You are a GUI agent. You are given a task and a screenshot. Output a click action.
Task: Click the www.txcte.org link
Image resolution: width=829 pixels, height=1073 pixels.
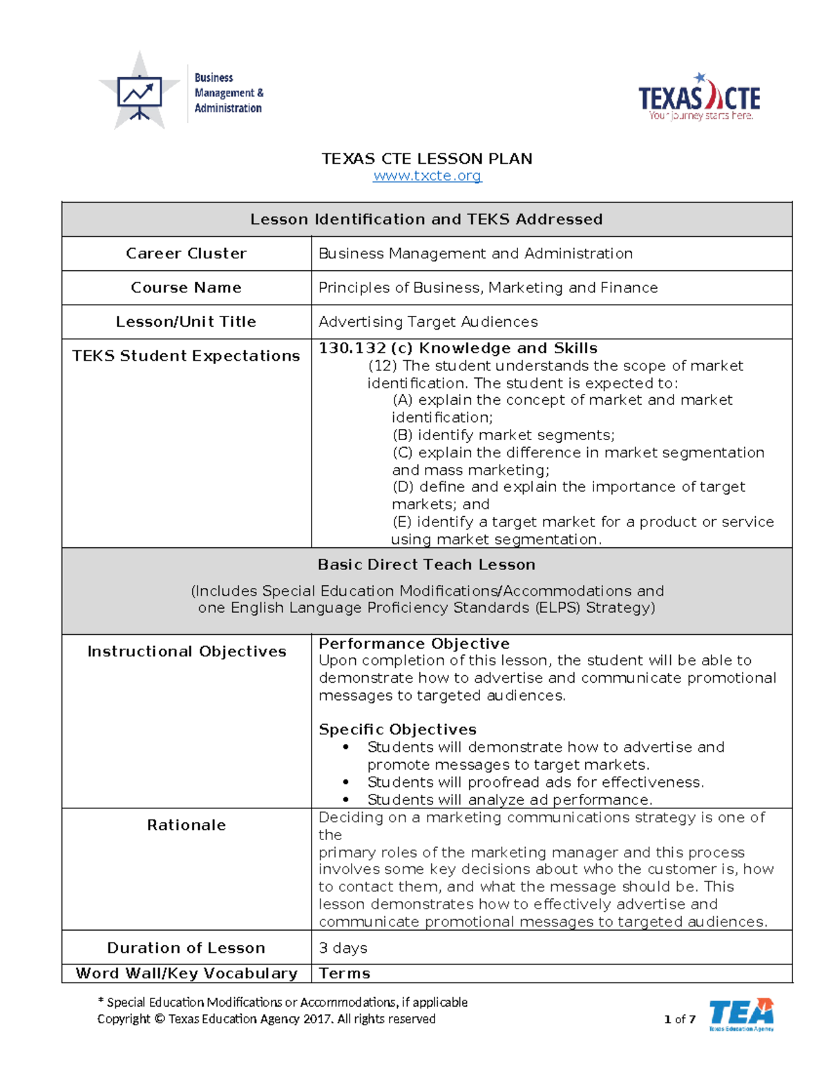click(427, 176)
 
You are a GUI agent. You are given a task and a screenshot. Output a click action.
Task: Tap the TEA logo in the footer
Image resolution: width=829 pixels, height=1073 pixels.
click(741, 1014)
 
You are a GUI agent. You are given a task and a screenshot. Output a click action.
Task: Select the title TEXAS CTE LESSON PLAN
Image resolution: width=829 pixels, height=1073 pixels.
click(427, 159)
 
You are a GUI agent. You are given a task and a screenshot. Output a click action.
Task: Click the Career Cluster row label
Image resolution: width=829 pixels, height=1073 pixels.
click(186, 254)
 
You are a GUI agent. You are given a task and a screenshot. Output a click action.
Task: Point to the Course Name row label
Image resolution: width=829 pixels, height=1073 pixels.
click(186, 287)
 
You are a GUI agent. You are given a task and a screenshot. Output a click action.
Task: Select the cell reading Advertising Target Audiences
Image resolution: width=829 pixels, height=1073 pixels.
click(428, 322)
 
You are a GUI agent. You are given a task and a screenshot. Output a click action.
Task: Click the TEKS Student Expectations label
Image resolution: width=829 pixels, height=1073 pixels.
click(186, 356)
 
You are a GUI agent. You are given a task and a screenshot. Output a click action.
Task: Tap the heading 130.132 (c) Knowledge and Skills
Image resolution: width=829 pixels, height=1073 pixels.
click(457, 348)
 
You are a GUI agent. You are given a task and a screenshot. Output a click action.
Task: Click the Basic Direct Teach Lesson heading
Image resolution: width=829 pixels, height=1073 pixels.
click(426, 564)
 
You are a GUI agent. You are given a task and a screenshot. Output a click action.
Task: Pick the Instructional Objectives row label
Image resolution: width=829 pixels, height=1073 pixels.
click(187, 652)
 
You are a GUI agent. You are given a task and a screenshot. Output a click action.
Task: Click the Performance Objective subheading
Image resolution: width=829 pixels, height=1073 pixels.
click(414, 643)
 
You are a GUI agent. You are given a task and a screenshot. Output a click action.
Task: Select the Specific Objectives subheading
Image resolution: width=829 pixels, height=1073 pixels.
click(397, 730)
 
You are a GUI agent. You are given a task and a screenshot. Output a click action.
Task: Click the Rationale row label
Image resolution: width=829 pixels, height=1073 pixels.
click(186, 825)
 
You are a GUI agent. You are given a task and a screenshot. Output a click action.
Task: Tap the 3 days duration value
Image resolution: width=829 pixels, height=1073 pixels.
click(343, 948)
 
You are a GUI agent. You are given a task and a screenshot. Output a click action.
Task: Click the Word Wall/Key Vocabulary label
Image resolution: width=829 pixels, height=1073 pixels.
click(187, 974)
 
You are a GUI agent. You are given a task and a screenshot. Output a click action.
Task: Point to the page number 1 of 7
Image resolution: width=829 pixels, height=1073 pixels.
click(679, 1019)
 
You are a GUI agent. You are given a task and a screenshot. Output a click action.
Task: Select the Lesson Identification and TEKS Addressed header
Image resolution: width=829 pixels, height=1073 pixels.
click(426, 220)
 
